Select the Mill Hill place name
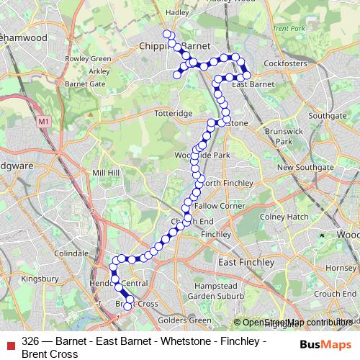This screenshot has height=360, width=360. point(107,173)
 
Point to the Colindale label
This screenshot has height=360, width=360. point(71,253)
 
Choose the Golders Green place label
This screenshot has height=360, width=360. point(184,320)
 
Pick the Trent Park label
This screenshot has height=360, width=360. point(290,28)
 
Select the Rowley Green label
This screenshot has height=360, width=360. point(89,59)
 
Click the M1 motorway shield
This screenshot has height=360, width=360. point(45,122)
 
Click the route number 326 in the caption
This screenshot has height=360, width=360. point(30,341)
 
